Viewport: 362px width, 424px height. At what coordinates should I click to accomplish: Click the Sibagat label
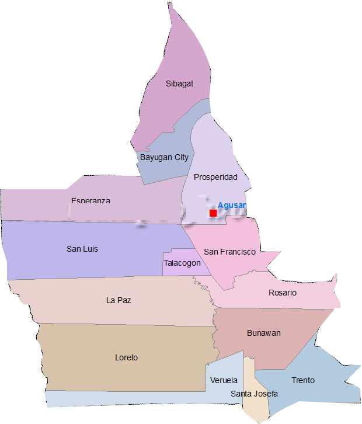coord(179,84)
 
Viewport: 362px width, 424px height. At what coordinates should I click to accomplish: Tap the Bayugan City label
coord(164,157)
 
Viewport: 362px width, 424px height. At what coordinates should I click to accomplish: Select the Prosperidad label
coord(215,177)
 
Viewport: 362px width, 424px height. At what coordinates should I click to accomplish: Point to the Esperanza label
coord(90,201)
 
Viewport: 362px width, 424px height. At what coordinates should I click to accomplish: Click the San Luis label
coord(82,249)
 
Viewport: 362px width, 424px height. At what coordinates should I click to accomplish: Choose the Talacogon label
coord(182,263)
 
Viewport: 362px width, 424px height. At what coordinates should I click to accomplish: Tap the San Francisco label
coord(229,252)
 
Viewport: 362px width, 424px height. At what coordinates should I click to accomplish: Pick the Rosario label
coord(283,293)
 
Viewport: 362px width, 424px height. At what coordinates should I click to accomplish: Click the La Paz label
coord(119,300)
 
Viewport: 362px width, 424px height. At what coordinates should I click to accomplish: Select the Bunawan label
coord(263,333)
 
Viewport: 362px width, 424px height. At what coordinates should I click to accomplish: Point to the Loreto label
coord(126,357)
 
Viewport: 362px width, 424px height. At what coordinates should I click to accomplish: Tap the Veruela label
coord(224,380)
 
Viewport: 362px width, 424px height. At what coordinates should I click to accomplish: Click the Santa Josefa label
coord(254,394)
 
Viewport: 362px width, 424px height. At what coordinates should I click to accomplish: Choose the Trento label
coord(303,380)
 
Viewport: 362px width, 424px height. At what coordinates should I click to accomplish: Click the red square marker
coord(213,213)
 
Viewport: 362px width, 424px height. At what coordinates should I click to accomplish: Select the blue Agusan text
coord(232,205)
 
